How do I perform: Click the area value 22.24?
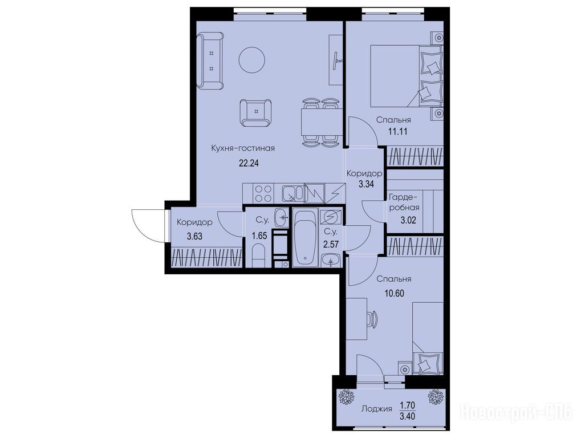(249, 163)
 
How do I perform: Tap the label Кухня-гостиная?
(243, 149)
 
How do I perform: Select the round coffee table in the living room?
(252, 60)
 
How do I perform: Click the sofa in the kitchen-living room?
(210, 60)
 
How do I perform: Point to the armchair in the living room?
(255, 113)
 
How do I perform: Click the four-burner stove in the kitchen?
(263, 193)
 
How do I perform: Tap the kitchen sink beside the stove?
(292, 193)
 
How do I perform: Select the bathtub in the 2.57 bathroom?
(305, 237)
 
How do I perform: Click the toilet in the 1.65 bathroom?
(259, 257)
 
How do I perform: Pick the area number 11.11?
(398, 132)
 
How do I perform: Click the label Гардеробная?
(404, 202)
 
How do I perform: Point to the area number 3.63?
(194, 236)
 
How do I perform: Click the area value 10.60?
(394, 294)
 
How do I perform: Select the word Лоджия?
(376, 409)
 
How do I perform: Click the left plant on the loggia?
(347, 397)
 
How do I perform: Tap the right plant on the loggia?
(436, 397)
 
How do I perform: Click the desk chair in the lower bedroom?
(372, 319)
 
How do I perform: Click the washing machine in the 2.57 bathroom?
(331, 217)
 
